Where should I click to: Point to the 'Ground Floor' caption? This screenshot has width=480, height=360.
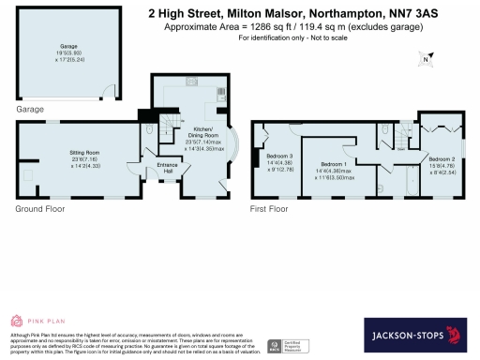(38, 211)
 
